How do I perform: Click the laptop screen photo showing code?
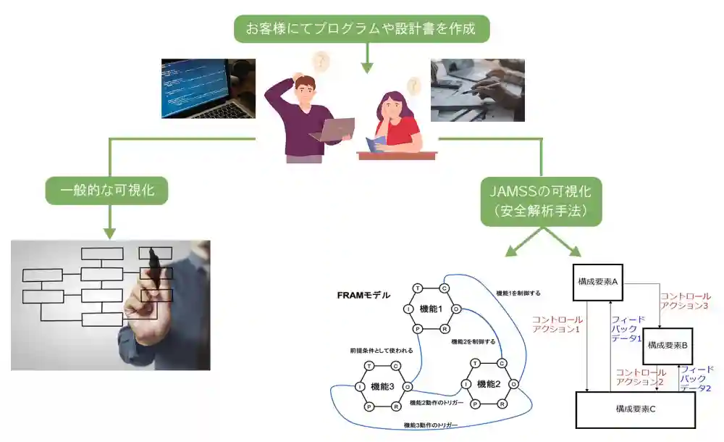(x=208, y=88)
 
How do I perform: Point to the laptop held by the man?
(x=332, y=129)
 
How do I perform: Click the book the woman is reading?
(x=378, y=144)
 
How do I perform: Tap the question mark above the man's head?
(x=320, y=62)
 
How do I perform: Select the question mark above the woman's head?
(x=413, y=86)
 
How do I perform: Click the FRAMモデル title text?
(x=363, y=295)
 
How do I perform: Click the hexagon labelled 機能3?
(x=382, y=386)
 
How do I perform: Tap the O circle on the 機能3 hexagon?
(x=408, y=386)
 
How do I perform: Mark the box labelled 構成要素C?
(x=635, y=409)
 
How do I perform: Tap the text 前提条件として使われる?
(x=381, y=351)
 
